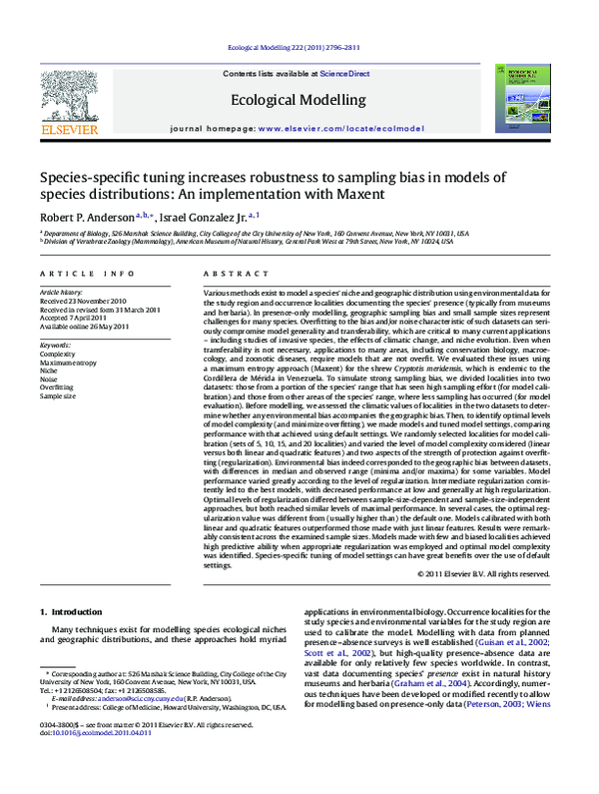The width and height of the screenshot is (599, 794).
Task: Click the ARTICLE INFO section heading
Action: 74,273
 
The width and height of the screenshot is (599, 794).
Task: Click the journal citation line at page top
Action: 299,48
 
